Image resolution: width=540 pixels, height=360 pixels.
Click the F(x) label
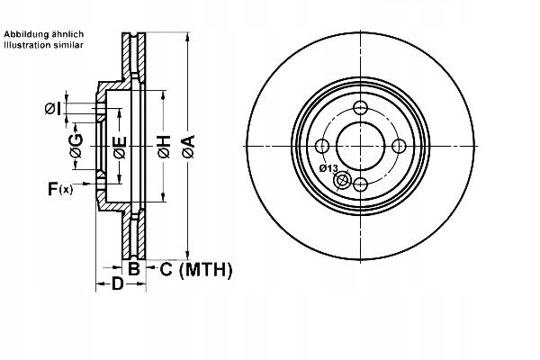click(x=60, y=188)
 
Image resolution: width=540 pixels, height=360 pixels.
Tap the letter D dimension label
click(x=116, y=285)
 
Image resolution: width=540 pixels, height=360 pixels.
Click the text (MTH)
click(x=206, y=268)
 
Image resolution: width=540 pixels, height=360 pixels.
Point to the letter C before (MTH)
click(x=165, y=268)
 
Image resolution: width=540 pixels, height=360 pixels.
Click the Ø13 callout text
click(x=328, y=168)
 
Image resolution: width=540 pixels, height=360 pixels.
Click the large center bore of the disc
click(x=361, y=147)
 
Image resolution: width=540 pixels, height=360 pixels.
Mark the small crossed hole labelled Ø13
click(x=342, y=181)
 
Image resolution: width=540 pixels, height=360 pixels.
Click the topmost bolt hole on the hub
click(x=361, y=109)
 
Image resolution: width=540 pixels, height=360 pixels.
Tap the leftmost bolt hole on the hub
click(x=323, y=147)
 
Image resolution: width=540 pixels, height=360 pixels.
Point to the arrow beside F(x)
click(x=88, y=188)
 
